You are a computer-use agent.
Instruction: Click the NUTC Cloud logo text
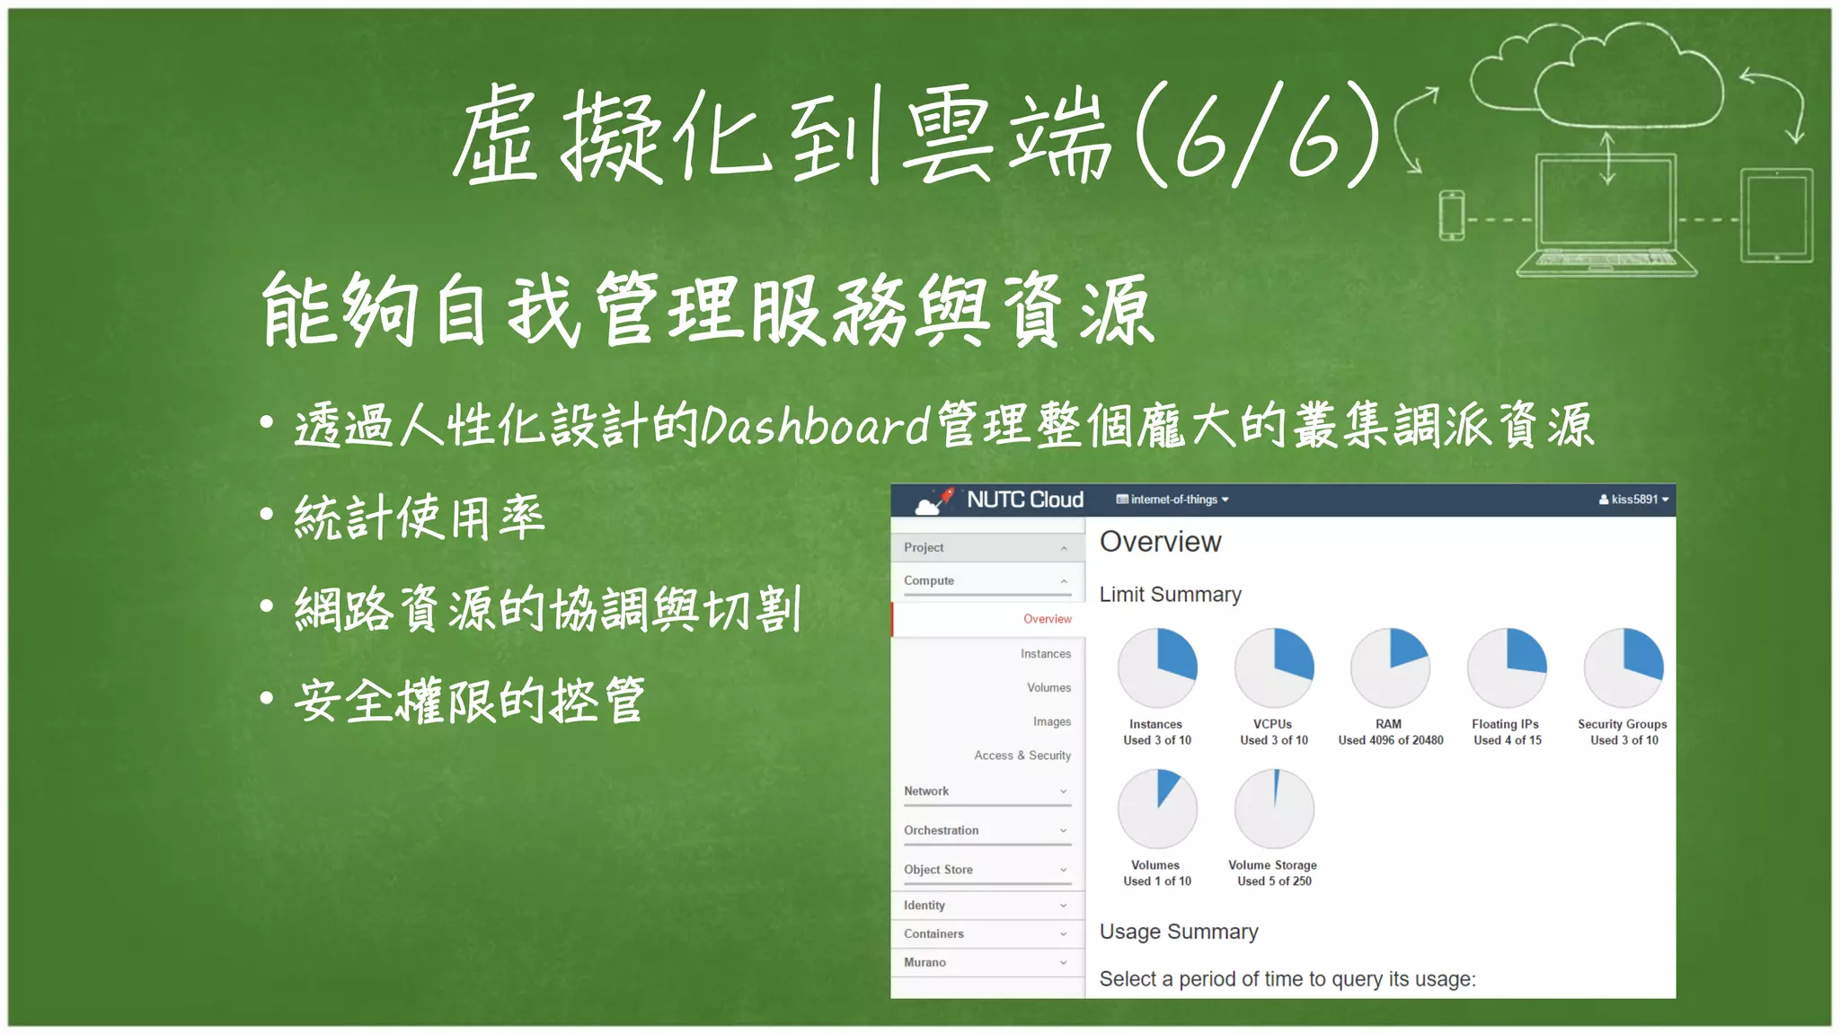coord(1024,500)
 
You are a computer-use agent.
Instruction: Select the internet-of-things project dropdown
coord(1172,500)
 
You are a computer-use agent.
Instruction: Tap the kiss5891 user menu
coord(1632,500)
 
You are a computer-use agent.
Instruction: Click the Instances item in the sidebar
coord(1045,654)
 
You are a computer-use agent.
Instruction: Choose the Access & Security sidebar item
coord(1022,756)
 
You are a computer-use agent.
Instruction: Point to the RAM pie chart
coord(1390,668)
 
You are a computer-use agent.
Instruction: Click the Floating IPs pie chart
coord(1507,668)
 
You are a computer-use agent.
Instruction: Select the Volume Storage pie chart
coord(1273,809)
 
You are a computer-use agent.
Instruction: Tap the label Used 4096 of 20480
coord(1390,740)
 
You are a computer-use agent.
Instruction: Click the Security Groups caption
coord(1622,724)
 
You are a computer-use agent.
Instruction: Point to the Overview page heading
coord(1160,542)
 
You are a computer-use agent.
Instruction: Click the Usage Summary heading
coord(1178,932)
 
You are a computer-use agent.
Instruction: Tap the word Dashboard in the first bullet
coord(814,426)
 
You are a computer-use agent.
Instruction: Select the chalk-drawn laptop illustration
coord(1606,216)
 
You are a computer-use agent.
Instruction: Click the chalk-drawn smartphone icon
coord(1451,216)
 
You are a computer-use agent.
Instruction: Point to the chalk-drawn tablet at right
coord(1776,216)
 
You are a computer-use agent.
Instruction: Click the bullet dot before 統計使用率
coord(267,515)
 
